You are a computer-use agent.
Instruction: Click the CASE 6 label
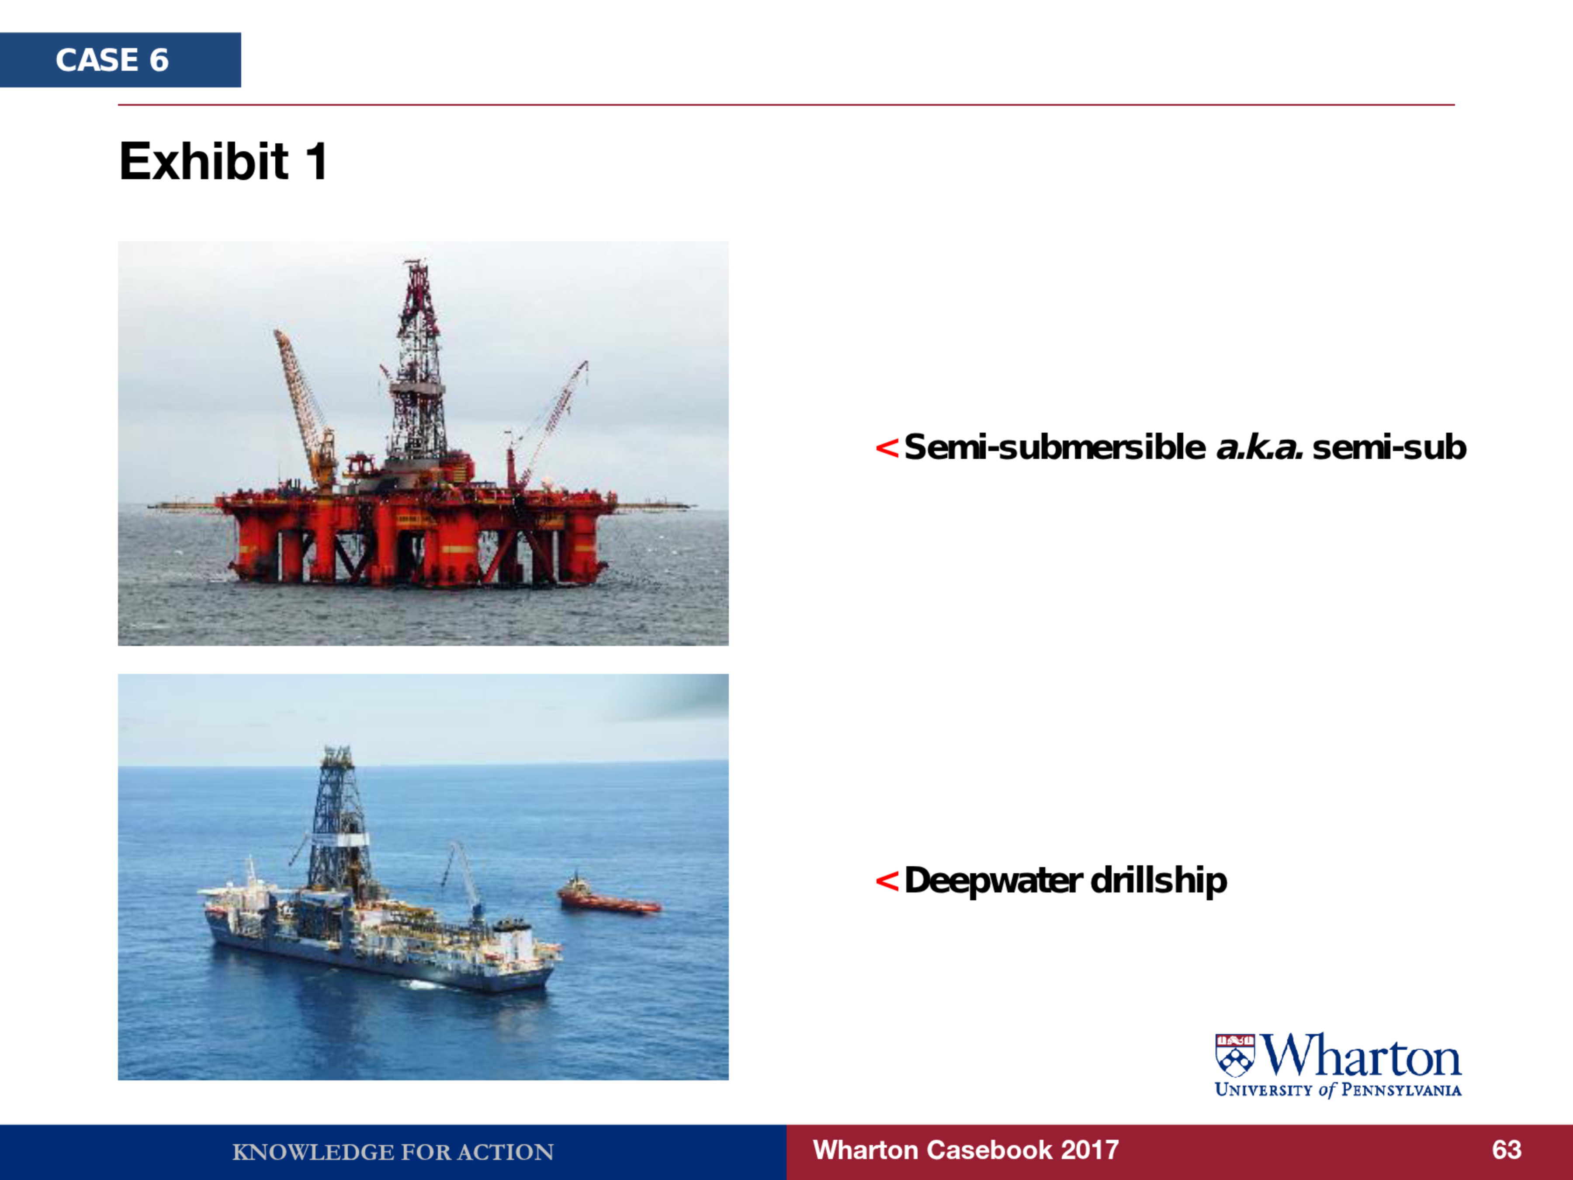pyautogui.click(x=112, y=60)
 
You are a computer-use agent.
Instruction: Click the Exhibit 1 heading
pyautogui.click(x=223, y=161)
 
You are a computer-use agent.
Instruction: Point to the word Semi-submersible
pyautogui.click(x=1055, y=448)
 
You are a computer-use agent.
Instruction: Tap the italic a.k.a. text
pyautogui.click(x=1259, y=448)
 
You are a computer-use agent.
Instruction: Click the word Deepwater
pyautogui.click(x=994, y=881)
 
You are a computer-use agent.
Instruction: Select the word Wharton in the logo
pyautogui.click(x=1361, y=1055)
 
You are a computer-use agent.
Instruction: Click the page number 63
pyautogui.click(x=1506, y=1149)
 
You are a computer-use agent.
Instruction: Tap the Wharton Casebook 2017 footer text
pyautogui.click(x=966, y=1149)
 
